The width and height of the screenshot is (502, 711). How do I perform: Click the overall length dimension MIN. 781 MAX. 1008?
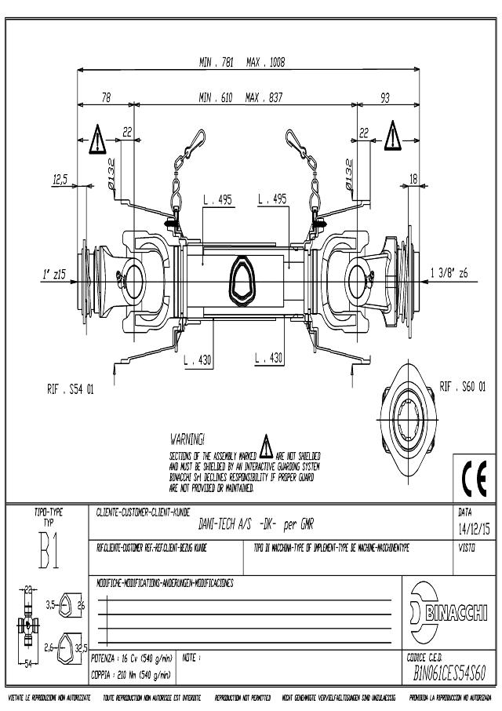(242, 62)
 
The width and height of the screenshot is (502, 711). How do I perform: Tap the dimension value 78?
(106, 98)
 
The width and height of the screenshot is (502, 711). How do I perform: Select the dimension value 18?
(413, 180)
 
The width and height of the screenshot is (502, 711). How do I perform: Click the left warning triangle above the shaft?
(96, 138)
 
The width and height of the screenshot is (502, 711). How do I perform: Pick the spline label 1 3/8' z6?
(449, 272)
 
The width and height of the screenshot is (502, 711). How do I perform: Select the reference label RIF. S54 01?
(70, 388)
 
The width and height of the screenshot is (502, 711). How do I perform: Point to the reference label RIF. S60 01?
(463, 386)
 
